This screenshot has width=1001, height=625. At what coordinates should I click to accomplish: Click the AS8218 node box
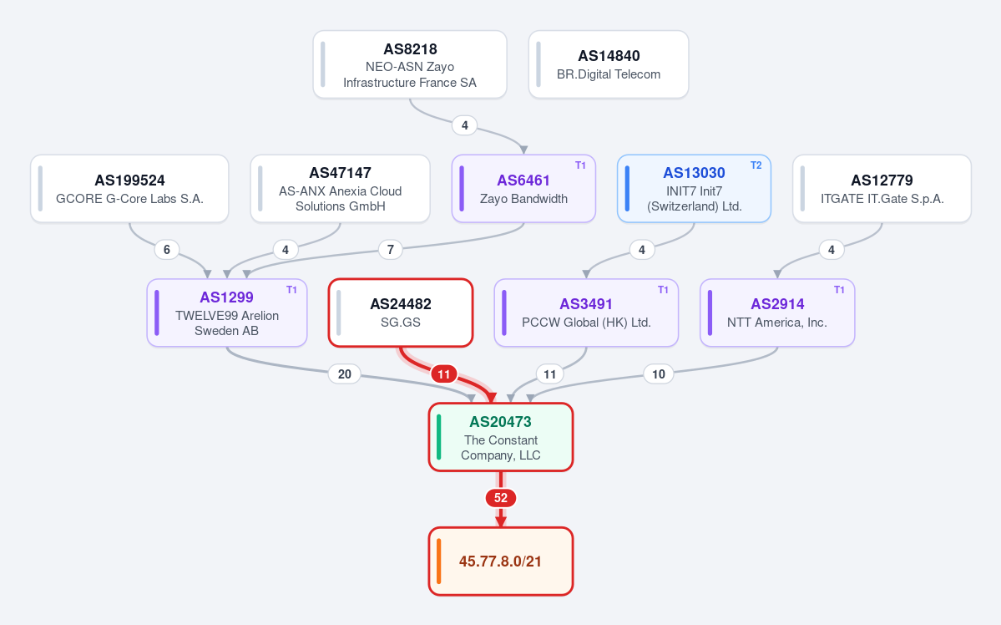pyautogui.click(x=410, y=64)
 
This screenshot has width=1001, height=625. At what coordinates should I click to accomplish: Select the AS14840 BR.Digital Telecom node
pyautogui.click(x=609, y=64)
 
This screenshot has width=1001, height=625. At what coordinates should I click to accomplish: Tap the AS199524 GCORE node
pyautogui.click(x=129, y=189)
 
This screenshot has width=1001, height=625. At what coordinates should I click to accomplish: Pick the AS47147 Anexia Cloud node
pyautogui.click(x=341, y=189)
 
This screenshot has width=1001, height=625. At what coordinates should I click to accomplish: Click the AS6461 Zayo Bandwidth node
pyautogui.click(x=523, y=189)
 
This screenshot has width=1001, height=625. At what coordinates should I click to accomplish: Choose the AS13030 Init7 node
pyautogui.click(x=694, y=189)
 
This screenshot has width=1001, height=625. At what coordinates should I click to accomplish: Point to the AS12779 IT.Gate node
pyautogui.click(x=882, y=189)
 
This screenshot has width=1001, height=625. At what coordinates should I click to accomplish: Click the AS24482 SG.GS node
pyautogui.click(x=401, y=312)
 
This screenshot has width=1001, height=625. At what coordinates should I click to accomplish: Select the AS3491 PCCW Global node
pyautogui.click(x=586, y=312)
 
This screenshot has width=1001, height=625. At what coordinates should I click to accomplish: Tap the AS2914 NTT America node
pyautogui.click(x=777, y=312)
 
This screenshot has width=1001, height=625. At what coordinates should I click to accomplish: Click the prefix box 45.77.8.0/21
pyautogui.click(x=501, y=561)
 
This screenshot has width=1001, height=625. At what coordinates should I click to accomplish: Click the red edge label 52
pyautogui.click(x=501, y=498)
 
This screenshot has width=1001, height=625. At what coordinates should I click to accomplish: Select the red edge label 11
pyautogui.click(x=443, y=373)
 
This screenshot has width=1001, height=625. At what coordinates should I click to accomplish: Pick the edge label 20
pyautogui.click(x=344, y=373)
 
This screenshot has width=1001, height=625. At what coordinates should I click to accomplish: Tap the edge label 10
pyautogui.click(x=658, y=373)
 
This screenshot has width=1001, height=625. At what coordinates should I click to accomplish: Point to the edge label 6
pyautogui.click(x=167, y=249)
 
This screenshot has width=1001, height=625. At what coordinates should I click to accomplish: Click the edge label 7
pyautogui.click(x=390, y=249)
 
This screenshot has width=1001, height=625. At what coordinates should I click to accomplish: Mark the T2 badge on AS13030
pyautogui.click(x=756, y=165)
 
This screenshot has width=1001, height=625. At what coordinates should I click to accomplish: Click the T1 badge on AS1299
pyautogui.click(x=291, y=289)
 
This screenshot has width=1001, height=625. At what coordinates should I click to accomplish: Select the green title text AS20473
pyautogui.click(x=501, y=422)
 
